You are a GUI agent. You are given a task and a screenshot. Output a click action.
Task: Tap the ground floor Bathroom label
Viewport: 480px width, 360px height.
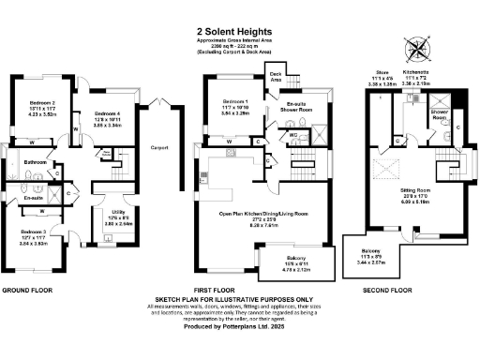(x=36, y=163)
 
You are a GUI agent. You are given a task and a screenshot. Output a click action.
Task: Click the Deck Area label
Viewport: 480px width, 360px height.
(x=276, y=76)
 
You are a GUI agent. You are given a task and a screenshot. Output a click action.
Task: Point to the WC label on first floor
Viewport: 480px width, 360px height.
(x=293, y=134)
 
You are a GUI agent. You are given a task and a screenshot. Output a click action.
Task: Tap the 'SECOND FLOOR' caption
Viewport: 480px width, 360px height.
(x=386, y=291)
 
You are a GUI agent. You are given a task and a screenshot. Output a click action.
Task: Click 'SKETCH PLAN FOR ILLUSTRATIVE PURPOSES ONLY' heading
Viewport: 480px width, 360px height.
(x=240, y=300)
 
